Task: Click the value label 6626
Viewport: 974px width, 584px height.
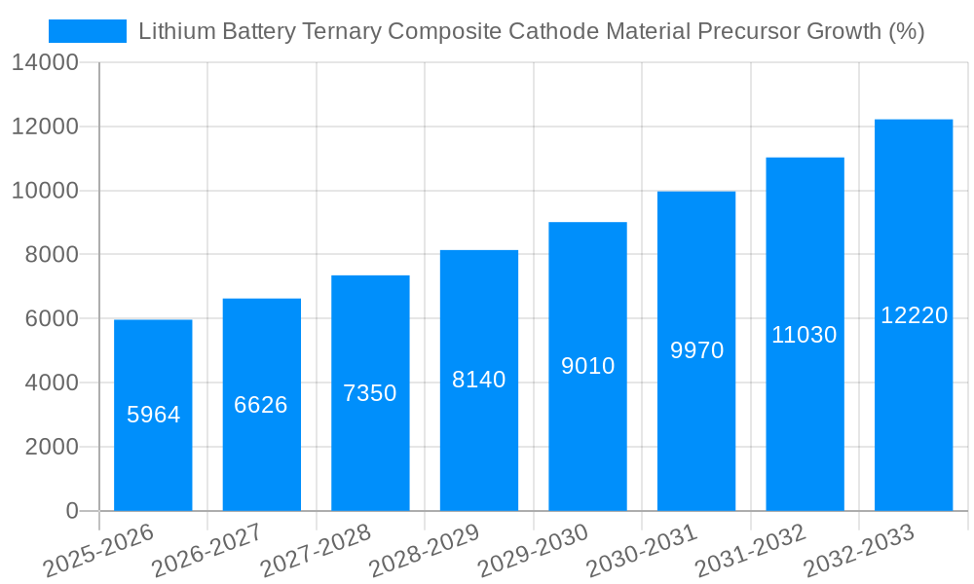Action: pyautogui.click(x=261, y=405)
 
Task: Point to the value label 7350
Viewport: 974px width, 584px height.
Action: pyautogui.click(x=370, y=393)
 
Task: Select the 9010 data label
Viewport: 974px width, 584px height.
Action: pyautogui.click(x=588, y=366)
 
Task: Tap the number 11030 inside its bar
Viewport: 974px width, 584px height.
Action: pyautogui.click(x=805, y=335)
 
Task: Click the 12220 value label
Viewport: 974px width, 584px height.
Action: pyautogui.click(x=914, y=315)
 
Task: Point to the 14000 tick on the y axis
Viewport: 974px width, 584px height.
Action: pyautogui.click(x=45, y=63)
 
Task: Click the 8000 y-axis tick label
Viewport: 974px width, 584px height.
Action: pyautogui.click(x=45, y=255)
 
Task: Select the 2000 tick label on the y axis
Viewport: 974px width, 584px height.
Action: pyautogui.click(x=45, y=447)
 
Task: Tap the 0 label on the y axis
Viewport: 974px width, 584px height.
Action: pyautogui.click(x=71, y=511)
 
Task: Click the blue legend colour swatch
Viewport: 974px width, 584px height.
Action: pyautogui.click(x=88, y=31)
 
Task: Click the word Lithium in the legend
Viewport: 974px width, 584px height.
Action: pyautogui.click(x=171, y=31)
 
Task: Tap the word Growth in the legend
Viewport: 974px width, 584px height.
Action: pyautogui.click(x=845, y=31)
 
